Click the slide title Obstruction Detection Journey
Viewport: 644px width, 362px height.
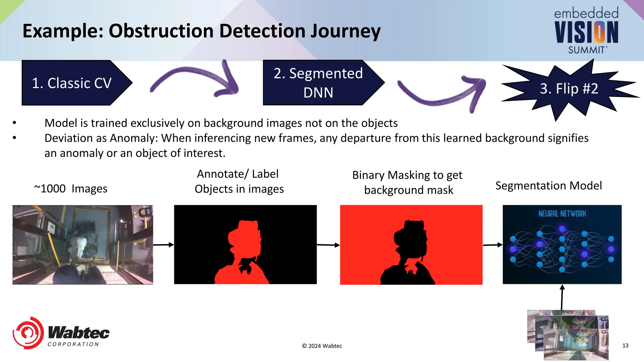click(201, 31)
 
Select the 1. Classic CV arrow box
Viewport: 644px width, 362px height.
click(72, 83)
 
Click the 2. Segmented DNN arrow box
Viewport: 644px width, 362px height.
click(318, 83)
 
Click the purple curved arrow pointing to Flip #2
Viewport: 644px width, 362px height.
click(443, 94)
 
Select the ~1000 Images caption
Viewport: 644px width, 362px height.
click(71, 189)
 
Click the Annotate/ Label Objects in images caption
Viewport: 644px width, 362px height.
click(239, 181)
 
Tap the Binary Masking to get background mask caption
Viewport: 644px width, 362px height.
click(408, 182)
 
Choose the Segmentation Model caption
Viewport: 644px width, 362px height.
click(549, 186)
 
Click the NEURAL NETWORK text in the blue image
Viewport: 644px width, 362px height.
click(562, 214)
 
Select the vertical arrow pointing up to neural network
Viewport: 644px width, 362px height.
click(562, 297)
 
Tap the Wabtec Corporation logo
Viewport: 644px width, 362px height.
click(61, 333)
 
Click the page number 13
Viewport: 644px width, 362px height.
click(625, 346)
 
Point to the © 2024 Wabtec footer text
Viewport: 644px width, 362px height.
click(322, 346)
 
